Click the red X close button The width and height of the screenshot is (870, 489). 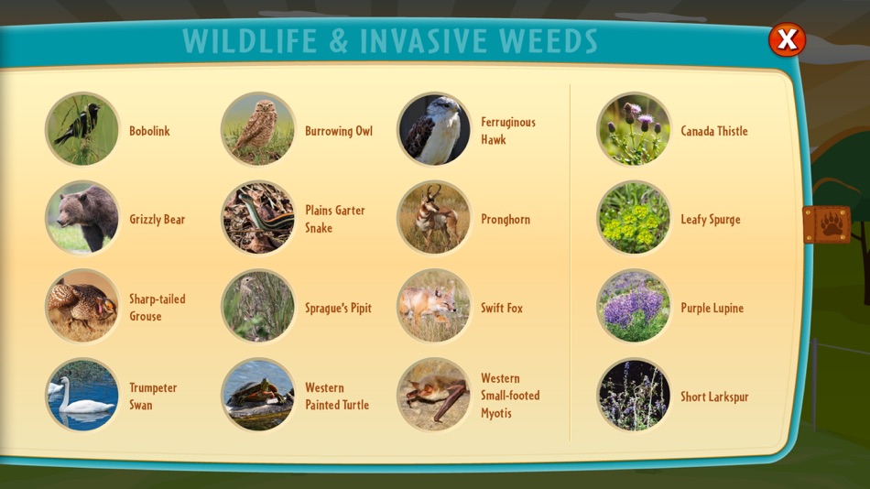(787, 39)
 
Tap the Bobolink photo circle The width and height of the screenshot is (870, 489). (82, 129)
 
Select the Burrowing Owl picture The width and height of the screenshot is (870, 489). (258, 129)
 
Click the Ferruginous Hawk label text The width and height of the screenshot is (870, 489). (507, 130)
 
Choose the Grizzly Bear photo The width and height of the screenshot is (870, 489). (82, 218)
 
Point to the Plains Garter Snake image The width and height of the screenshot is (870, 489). (258, 218)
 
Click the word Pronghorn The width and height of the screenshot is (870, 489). (506, 219)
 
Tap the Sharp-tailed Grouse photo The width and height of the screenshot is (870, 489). (82, 307)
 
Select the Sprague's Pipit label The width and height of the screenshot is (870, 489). (338, 308)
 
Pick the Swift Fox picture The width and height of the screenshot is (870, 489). (434, 307)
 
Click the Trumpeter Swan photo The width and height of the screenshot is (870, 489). (82, 395)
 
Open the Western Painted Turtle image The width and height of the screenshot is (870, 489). (258, 395)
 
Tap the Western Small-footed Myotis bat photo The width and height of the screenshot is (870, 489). (434, 395)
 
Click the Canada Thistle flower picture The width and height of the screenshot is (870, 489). (634, 129)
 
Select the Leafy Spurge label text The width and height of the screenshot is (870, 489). (711, 219)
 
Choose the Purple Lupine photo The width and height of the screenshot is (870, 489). (634, 307)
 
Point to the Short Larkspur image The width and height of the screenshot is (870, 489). (634, 395)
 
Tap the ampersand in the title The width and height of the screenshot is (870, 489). (338, 41)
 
